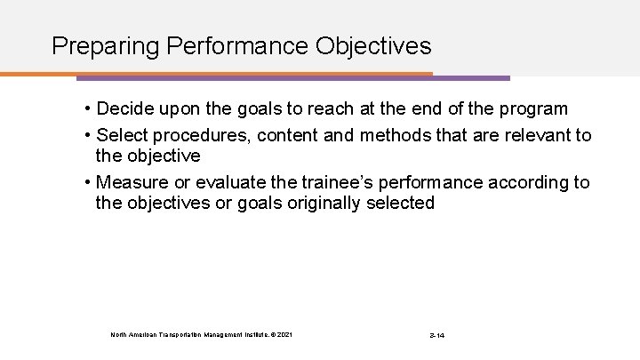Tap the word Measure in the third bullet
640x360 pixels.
[x=130, y=182]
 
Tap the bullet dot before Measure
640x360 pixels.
[x=90, y=182]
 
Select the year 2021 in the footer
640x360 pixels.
[x=284, y=334]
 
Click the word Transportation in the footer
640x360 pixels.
[x=174, y=334]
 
